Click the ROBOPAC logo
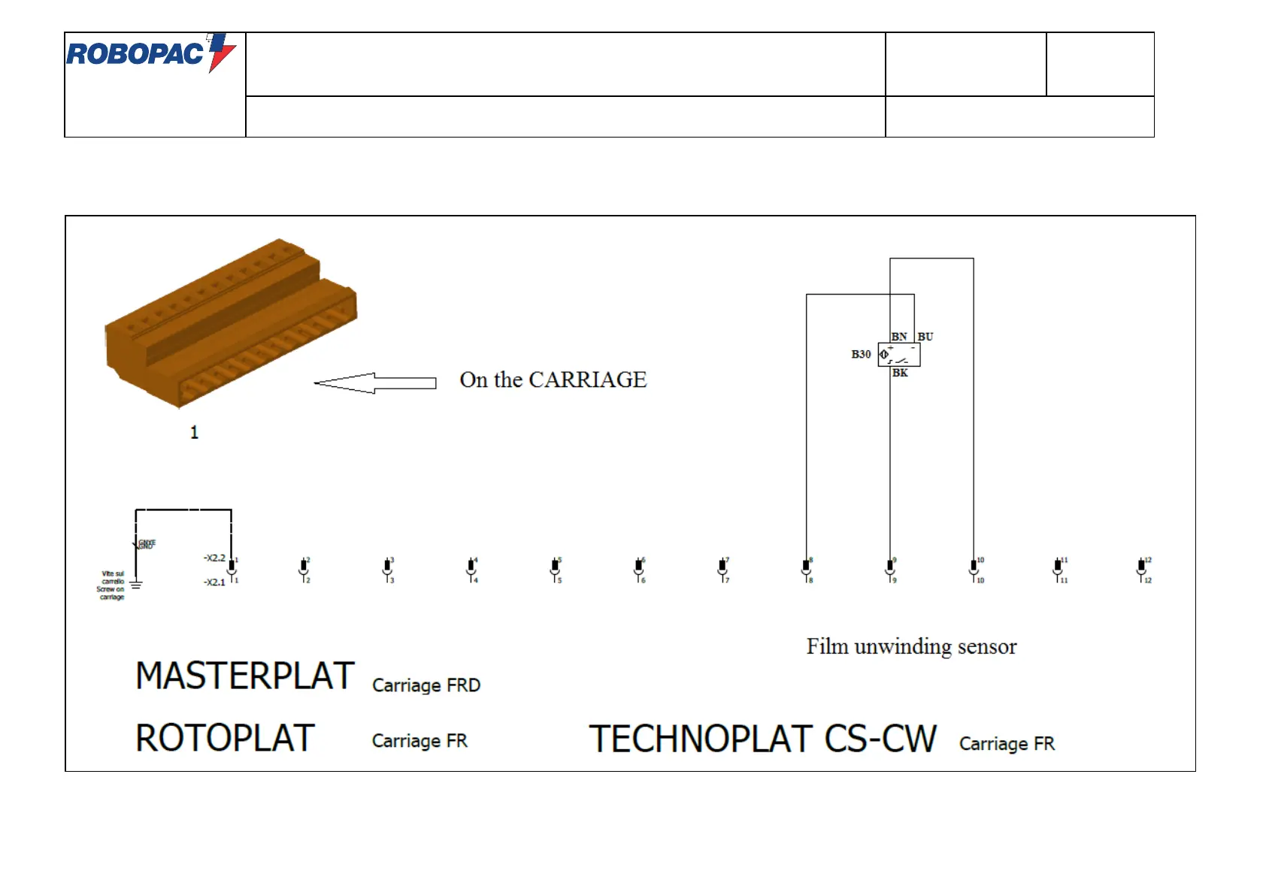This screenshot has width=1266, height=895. pyautogui.click(x=151, y=53)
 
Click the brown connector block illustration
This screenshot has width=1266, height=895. pyautogui.click(x=230, y=324)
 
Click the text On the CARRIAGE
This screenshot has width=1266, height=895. pyautogui.click(x=553, y=380)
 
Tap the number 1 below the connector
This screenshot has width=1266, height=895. pyautogui.click(x=194, y=433)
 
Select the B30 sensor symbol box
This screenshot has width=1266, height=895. pyautogui.click(x=899, y=354)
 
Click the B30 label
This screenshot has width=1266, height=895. pyautogui.click(x=861, y=354)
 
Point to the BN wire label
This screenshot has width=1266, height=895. pyautogui.click(x=899, y=337)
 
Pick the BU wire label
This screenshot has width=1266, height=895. pyautogui.click(x=925, y=337)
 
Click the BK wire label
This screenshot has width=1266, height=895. pyautogui.click(x=900, y=373)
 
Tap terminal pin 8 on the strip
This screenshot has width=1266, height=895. pyautogui.click(x=806, y=569)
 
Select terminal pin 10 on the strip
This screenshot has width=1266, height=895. pyautogui.click(x=974, y=569)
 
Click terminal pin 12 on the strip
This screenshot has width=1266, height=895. pyautogui.click(x=1141, y=569)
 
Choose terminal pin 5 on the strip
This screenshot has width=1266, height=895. pyautogui.click(x=555, y=569)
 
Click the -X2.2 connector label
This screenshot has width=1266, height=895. pyautogui.click(x=214, y=558)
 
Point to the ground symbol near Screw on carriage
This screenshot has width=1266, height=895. pyautogui.click(x=136, y=584)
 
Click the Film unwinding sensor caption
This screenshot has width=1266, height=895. pyautogui.click(x=911, y=647)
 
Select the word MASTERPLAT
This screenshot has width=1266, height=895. pyautogui.click(x=245, y=676)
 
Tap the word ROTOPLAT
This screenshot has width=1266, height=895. pyautogui.click(x=225, y=738)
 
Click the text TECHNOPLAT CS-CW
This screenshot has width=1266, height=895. pyautogui.click(x=762, y=739)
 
